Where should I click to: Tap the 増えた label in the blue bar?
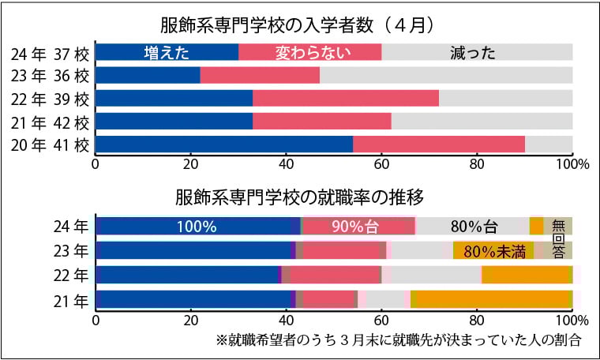[x=165, y=53]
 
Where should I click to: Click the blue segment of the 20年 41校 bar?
[x=224, y=144]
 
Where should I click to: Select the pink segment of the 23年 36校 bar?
[x=260, y=76]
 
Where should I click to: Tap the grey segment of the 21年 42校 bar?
[x=482, y=122]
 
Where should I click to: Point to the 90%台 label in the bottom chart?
[x=358, y=227]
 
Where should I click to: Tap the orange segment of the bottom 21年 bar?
[x=489, y=300]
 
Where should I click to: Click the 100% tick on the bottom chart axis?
[x=569, y=321]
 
